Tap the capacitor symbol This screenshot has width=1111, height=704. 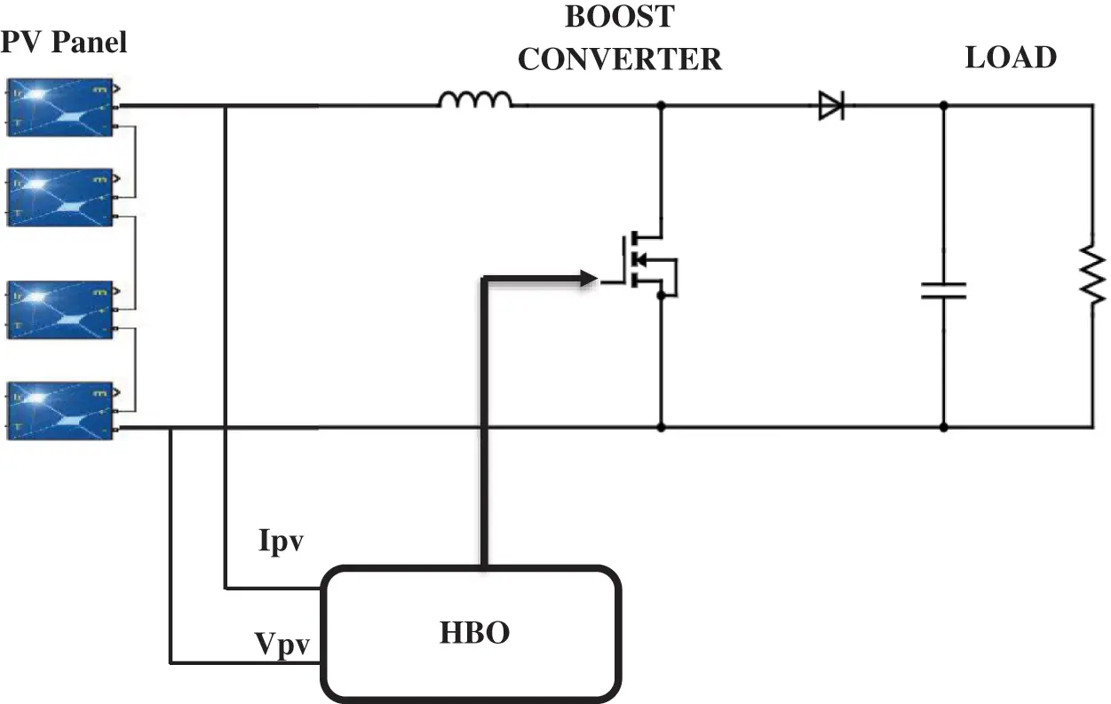[943, 290]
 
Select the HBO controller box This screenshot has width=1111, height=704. [471, 633]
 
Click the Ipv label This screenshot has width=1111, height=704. [282, 542]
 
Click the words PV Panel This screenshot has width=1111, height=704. [64, 41]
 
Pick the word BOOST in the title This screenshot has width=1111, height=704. [619, 17]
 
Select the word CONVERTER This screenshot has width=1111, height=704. [619, 59]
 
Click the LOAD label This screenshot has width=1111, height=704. [1011, 58]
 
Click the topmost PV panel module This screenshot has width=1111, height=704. [60, 107]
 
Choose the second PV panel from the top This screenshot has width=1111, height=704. [60, 197]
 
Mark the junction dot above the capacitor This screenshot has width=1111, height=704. [943, 106]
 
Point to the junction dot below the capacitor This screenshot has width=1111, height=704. [943, 427]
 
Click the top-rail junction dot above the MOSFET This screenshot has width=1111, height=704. [661, 106]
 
